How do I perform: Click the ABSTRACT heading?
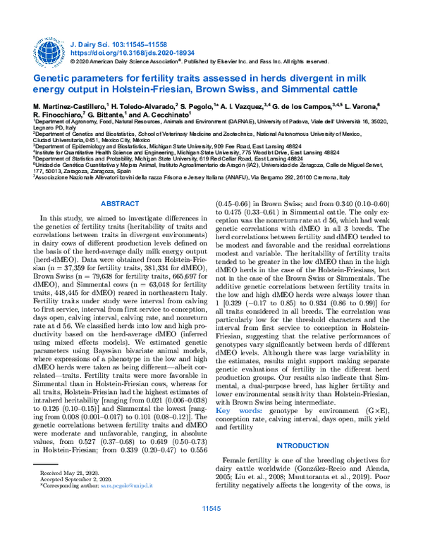click(x=121, y=203)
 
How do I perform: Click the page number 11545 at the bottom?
click(x=211, y=527)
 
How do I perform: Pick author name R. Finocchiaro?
click(x=58, y=113)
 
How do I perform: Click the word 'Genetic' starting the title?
click(x=53, y=78)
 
